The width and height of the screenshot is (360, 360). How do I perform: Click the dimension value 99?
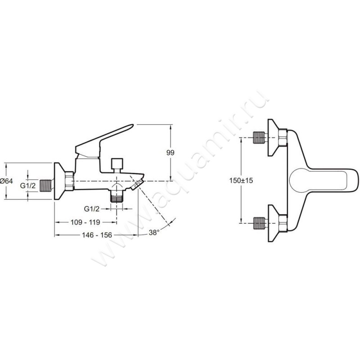[x=170, y=153]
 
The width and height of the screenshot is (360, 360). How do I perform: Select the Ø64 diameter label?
[x=6, y=181]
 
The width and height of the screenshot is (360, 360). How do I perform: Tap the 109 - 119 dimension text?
[x=85, y=222]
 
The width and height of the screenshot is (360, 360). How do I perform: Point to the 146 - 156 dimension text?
[x=97, y=235]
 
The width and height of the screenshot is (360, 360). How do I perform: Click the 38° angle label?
[x=154, y=233]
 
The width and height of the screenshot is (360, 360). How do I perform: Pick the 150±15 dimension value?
[x=241, y=180]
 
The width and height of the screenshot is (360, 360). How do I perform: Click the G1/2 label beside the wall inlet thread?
[x=28, y=185]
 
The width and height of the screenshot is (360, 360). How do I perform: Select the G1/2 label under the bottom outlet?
[x=92, y=209]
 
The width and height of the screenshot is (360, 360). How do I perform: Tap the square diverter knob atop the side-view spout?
[x=117, y=163]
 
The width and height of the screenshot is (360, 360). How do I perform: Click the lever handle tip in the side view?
[x=131, y=126]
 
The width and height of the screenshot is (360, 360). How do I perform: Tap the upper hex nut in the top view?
[x=283, y=137]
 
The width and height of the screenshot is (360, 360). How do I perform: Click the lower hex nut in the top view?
[x=283, y=223]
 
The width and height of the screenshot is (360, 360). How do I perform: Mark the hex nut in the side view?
[x=69, y=181]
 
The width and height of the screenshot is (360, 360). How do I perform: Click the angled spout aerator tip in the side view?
[x=137, y=184]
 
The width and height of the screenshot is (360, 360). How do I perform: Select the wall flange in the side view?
[x=59, y=181]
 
